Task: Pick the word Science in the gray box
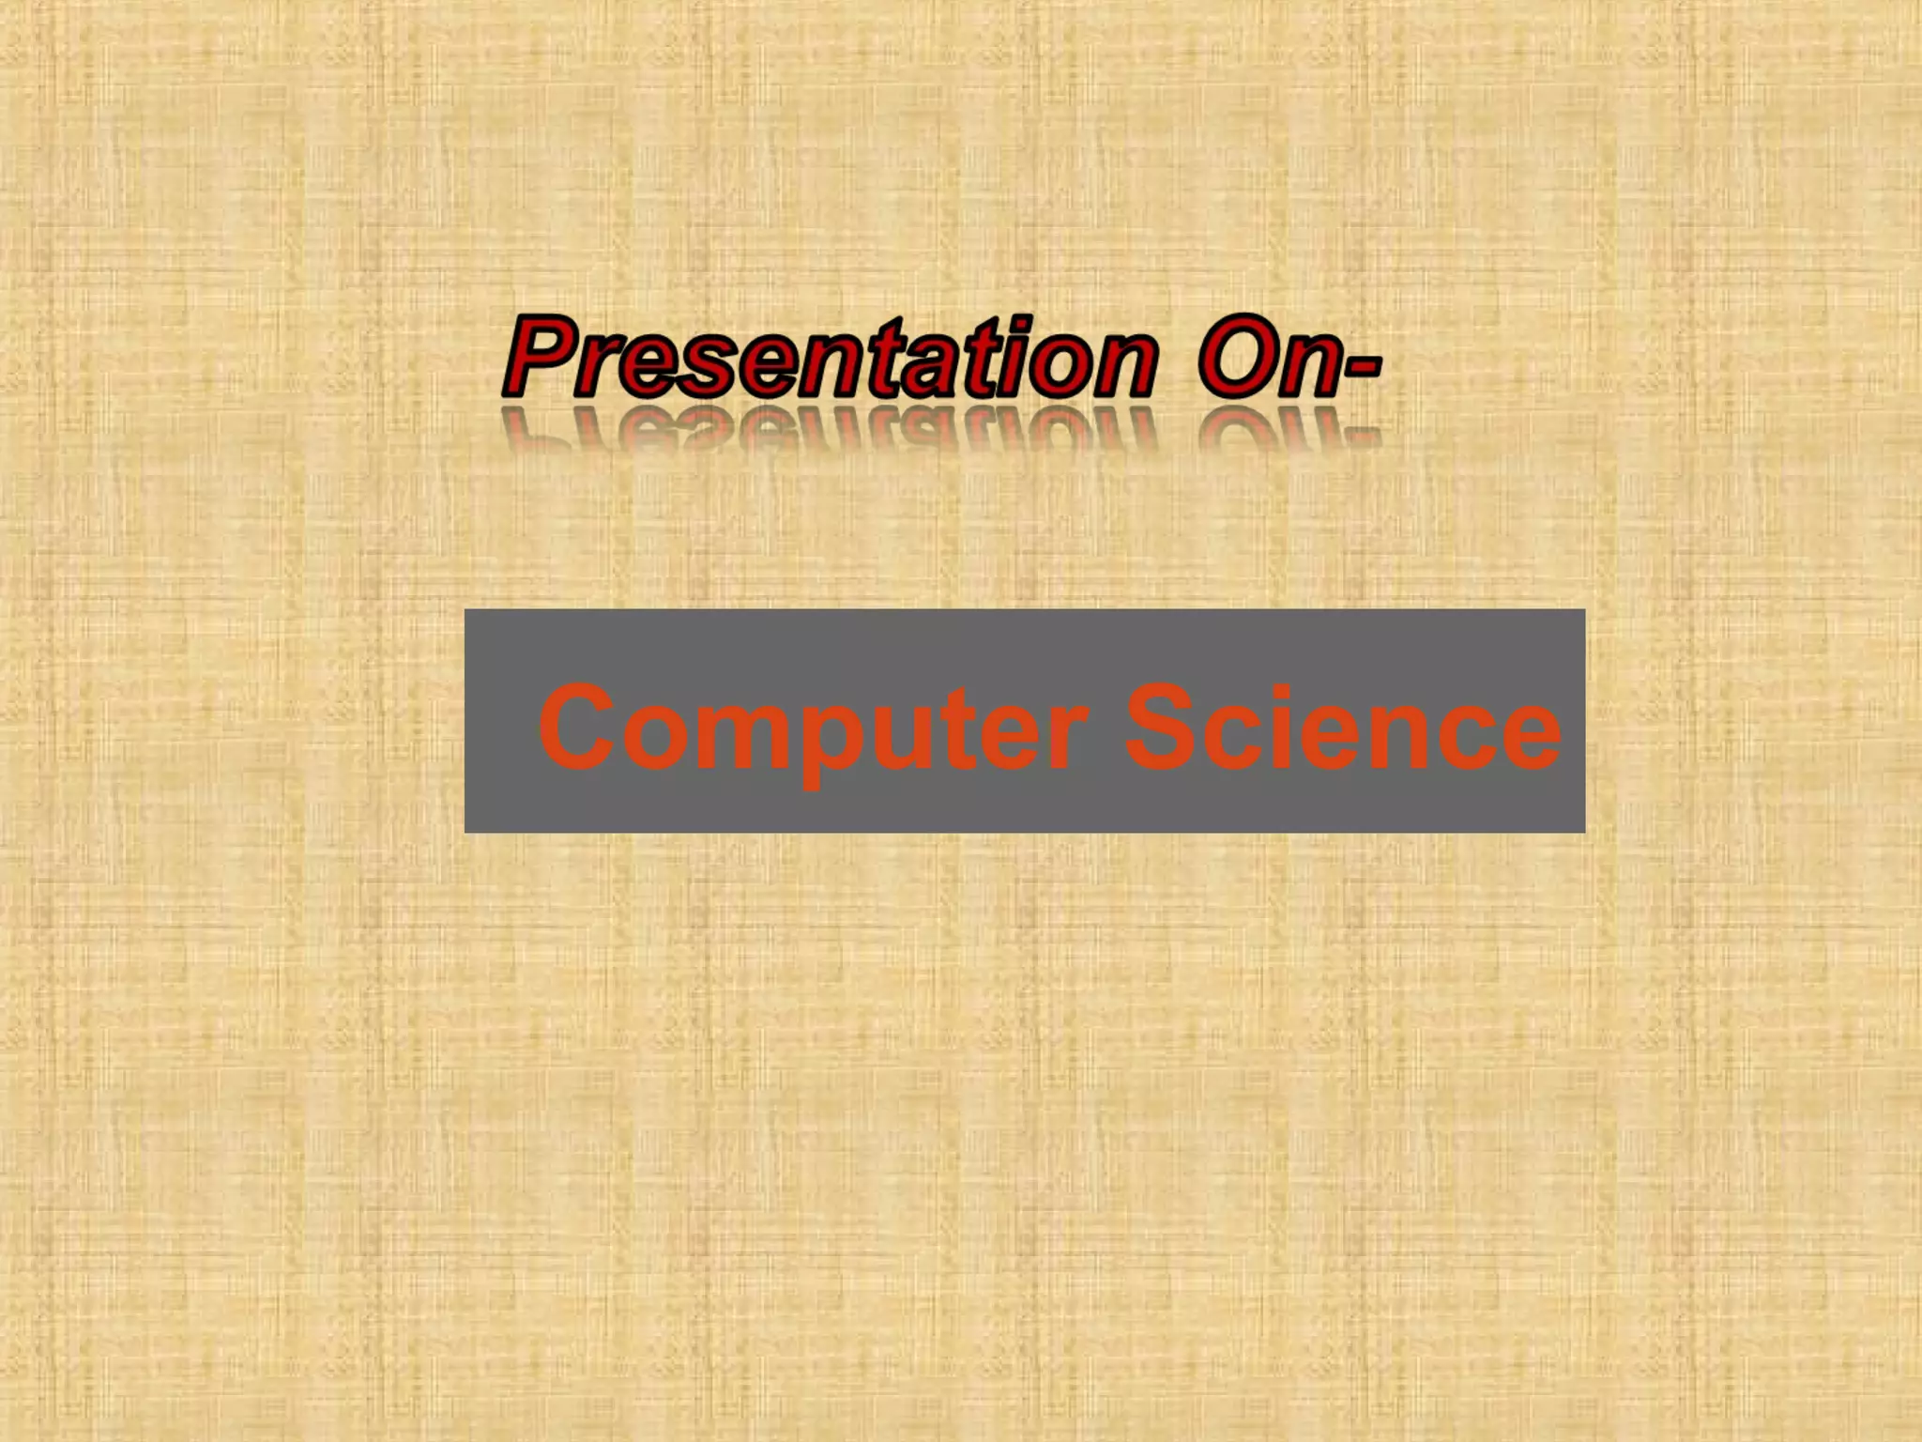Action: (1342, 728)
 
